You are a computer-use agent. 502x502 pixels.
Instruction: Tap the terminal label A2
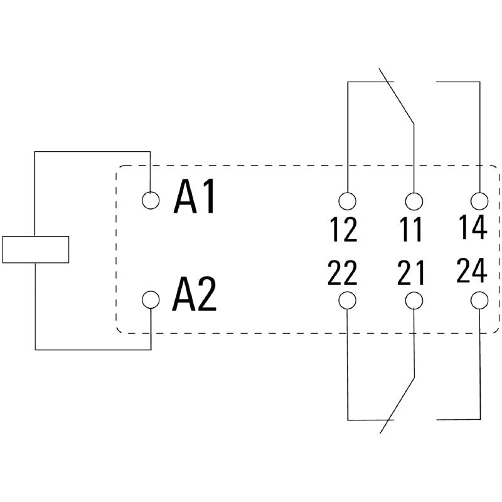click(195, 295)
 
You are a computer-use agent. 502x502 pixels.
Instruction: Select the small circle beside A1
click(151, 200)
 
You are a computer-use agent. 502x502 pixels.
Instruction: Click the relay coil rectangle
click(35, 249)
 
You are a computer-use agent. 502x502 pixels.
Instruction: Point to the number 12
click(343, 230)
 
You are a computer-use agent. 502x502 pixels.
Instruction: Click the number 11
click(412, 230)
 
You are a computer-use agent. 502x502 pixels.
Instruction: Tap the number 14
click(473, 227)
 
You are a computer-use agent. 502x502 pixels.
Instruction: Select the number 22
click(342, 273)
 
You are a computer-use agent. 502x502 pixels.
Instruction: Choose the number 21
click(411, 273)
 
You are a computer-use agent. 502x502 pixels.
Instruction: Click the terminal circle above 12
click(347, 201)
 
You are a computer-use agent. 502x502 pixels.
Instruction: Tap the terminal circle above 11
click(414, 201)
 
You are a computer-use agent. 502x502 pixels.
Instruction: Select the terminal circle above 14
click(479, 201)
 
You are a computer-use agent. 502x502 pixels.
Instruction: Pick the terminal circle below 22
click(347, 301)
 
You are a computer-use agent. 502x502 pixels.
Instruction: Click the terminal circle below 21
click(414, 301)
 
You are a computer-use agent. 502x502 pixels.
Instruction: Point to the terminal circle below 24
click(479, 301)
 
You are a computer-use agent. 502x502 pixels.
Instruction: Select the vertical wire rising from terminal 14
click(479, 138)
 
